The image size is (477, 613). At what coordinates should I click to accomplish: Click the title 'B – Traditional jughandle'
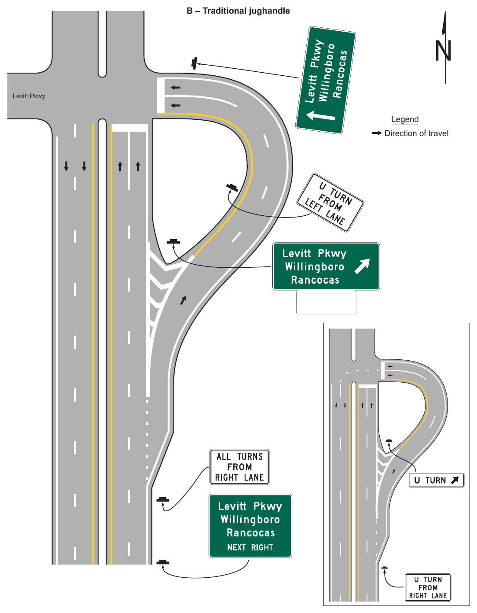(238, 11)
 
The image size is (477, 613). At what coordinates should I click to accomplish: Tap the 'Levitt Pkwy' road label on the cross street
(29, 96)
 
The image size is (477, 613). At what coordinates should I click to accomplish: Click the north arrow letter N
(443, 51)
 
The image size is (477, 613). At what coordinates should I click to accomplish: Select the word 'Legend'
(405, 119)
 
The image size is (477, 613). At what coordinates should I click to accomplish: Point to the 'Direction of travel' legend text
(416, 133)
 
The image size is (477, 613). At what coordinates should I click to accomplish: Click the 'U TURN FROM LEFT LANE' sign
(330, 203)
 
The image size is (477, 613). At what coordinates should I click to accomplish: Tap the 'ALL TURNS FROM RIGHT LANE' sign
(239, 467)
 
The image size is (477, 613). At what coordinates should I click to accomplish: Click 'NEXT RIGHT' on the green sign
(250, 547)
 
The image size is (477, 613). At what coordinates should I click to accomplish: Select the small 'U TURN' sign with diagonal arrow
(437, 480)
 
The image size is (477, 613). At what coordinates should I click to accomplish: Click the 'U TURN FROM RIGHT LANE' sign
(428, 587)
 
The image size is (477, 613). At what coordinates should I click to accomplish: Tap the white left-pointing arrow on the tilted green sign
(321, 116)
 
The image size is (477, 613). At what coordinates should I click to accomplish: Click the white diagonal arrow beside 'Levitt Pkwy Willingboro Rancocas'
(362, 266)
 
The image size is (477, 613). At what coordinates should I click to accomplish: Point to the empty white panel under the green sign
(326, 302)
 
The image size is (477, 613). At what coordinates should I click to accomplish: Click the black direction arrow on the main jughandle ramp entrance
(183, 300)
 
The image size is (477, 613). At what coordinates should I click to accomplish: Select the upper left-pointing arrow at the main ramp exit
(176, 88)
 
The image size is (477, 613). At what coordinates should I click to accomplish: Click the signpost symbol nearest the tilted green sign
(194, 63)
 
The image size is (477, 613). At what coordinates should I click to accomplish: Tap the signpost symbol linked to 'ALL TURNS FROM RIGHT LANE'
(163, 499)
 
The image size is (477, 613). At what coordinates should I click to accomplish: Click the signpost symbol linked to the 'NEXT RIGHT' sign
(163, 562)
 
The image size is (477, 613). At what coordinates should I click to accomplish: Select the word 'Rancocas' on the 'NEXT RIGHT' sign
(251, 533)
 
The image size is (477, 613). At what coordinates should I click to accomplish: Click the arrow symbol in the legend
(377, 133)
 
